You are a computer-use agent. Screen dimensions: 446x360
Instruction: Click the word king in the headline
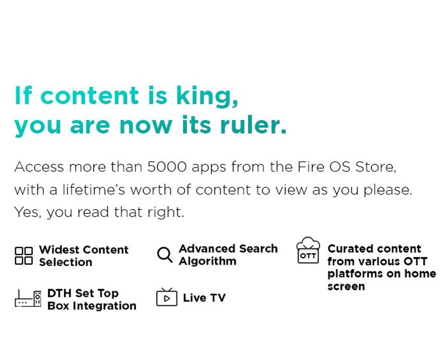click(207, 96)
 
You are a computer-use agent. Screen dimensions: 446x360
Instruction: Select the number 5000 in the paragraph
click(167, 166)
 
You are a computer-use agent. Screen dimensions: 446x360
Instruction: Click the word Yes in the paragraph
click(27, 212)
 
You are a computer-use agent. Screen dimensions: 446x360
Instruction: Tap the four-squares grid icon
click(24, 256)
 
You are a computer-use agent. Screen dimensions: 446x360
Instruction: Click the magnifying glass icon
click(165, 254)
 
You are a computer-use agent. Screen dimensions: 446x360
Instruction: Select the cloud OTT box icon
click(308, 250)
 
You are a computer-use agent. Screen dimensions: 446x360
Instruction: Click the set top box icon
click(28, 298)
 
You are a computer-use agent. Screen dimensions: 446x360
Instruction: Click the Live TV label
click(204, 298)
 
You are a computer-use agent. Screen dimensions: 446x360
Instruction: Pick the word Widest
click(59, 249)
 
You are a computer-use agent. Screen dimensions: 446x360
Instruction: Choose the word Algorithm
click(208, 261)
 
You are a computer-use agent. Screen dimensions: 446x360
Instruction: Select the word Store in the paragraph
click(376, 166)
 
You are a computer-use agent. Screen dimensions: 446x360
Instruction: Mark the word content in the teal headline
click(90, 95)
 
